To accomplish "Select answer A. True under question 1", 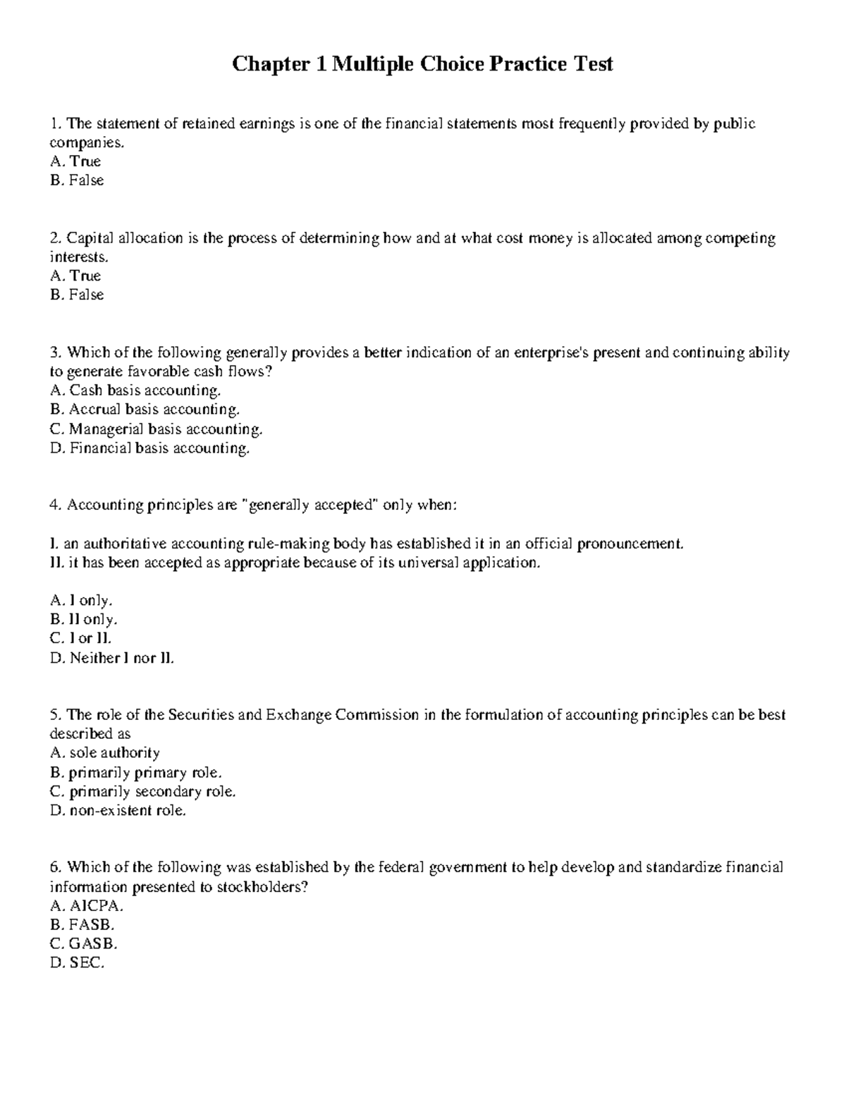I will (x=75, y=161).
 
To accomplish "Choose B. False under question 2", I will (x=77, y=295).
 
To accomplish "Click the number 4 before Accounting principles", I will (x=54, y=505).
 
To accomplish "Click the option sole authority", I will (x=105, y=753).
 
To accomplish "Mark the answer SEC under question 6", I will (x=78, y=963).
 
